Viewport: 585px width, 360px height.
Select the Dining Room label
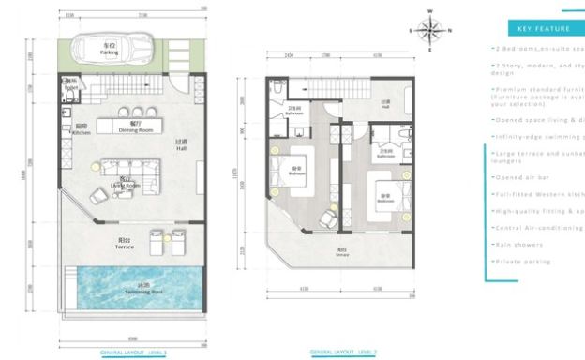pos(136,128)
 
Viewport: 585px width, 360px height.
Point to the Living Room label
pos(125,185)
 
